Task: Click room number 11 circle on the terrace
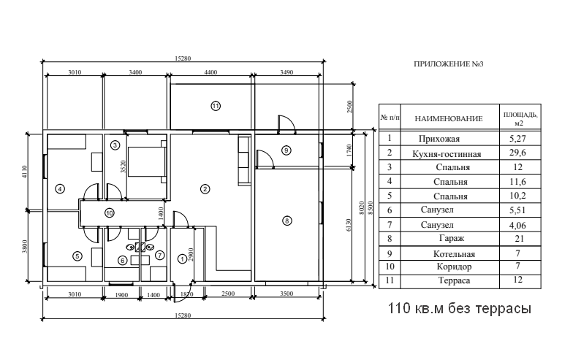[x=216, y=106]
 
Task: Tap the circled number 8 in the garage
[x=287, y=220]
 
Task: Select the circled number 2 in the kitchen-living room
[x=205, y=189]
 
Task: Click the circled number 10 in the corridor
[x=109, y=214]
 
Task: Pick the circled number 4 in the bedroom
[x=60, y=188]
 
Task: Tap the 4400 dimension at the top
[x=210, y=72]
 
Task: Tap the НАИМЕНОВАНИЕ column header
[x=449, y=118]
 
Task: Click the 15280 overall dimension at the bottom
[x=184, y=315]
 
